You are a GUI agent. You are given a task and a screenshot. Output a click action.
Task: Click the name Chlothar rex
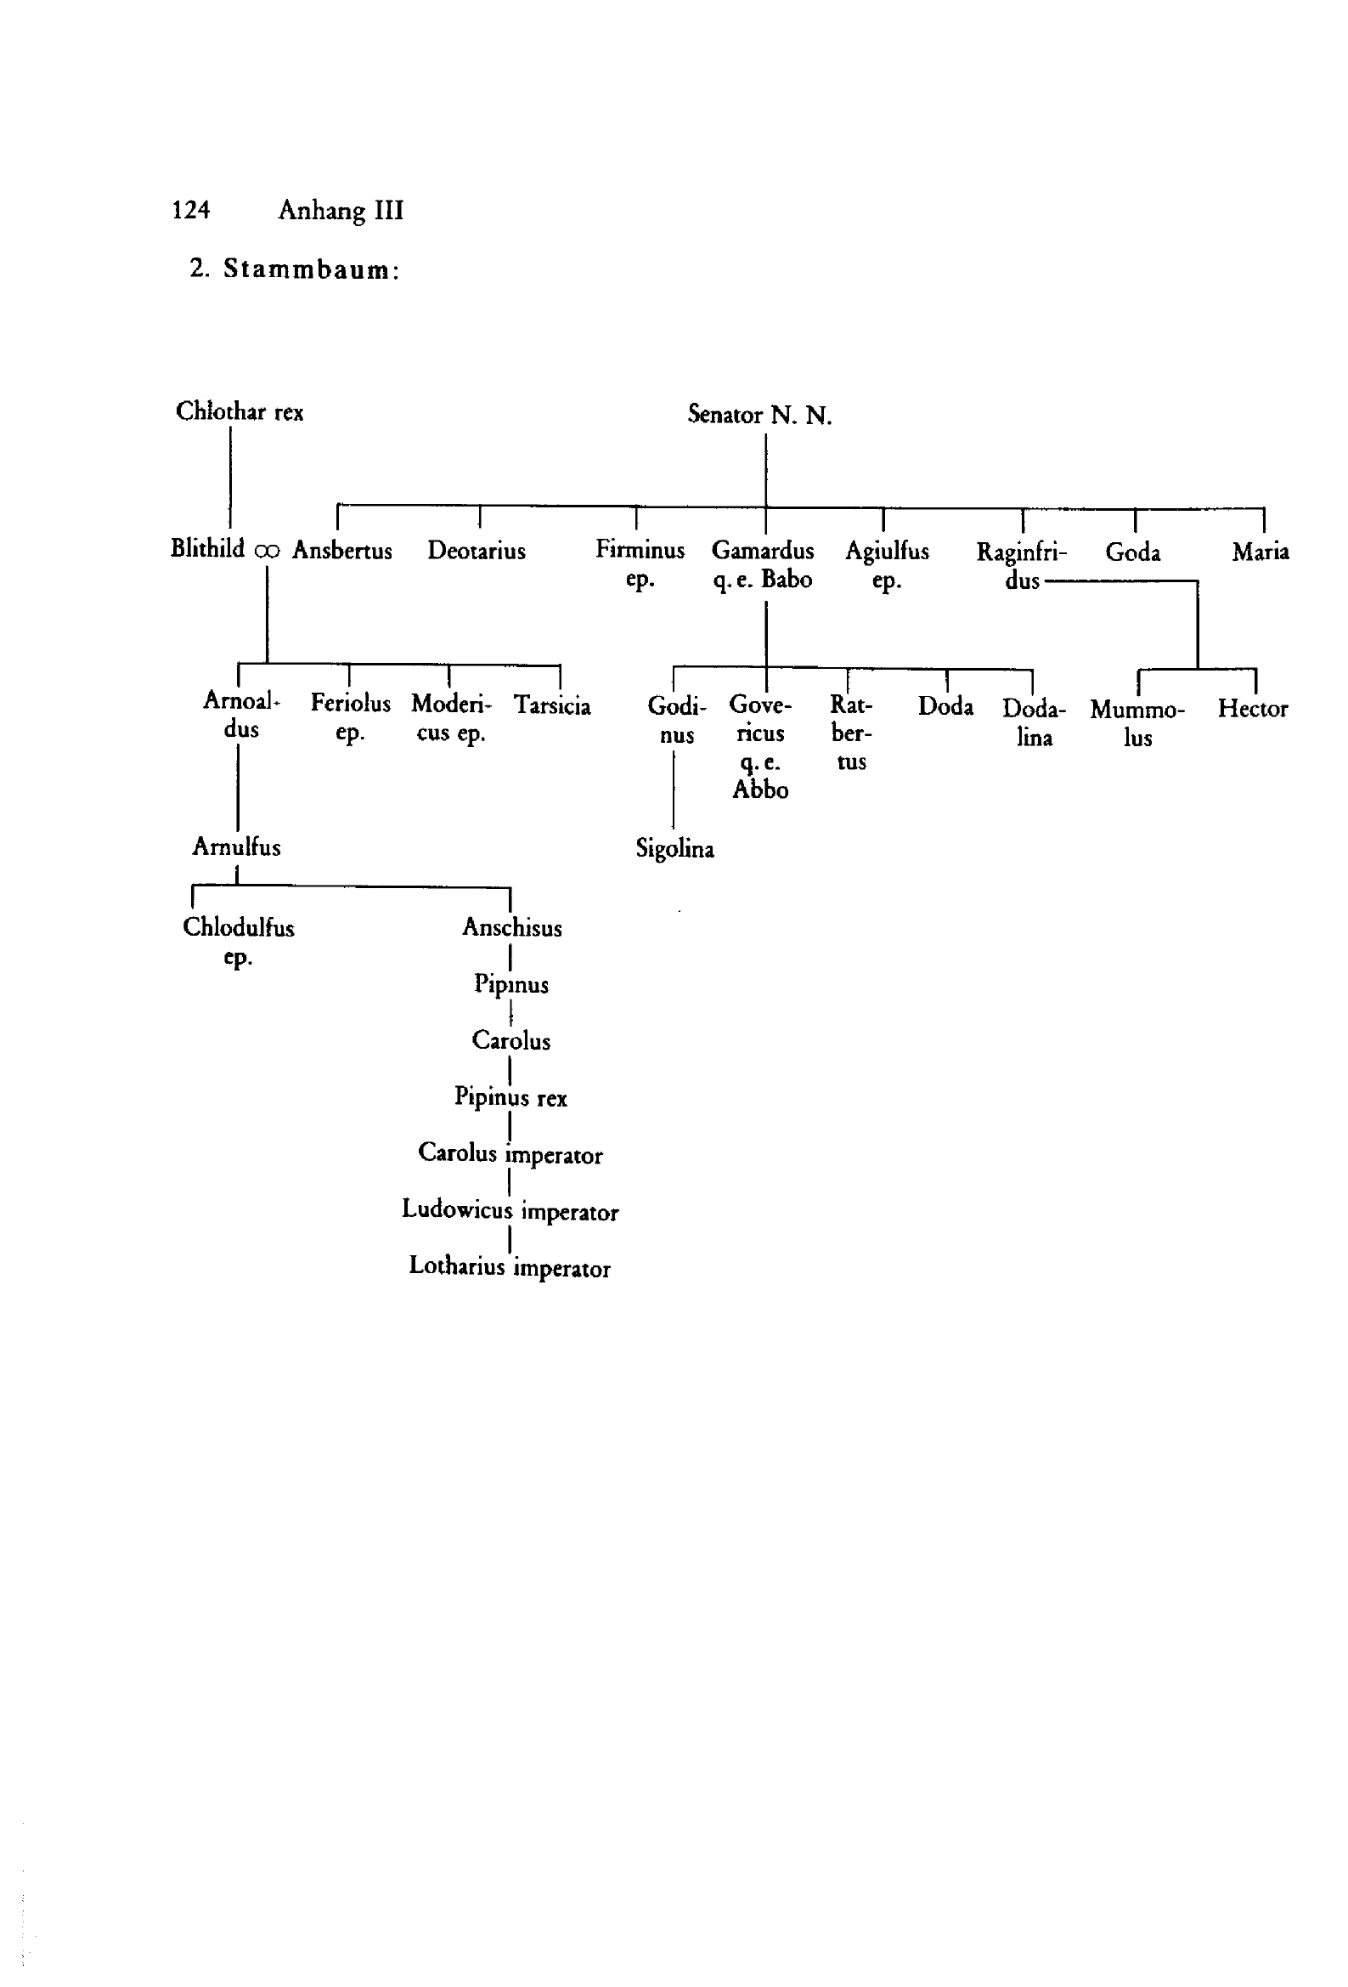pyautogui.click(x=240, y=411)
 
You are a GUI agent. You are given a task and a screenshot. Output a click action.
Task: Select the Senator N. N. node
pyautogui.click(x=759, y=415)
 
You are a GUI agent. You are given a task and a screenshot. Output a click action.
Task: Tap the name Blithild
pyautogui.click(x=208, y=548)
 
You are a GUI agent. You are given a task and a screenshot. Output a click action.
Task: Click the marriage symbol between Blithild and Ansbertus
pyautogui.click(x=267, y=552)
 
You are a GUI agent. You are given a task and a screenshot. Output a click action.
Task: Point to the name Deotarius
pyautogui.click(x=477, y=550)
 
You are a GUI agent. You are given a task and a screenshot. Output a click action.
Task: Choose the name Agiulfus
pyautogui.click(x=888, y=552)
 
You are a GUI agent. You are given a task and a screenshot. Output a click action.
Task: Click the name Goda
pyautogui.click(x=1132, y=552)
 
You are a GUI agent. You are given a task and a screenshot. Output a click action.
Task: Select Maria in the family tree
pyautogui.click(x=1260, y=552)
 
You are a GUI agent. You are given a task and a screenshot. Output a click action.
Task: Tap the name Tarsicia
pyautogui.click(x=552, y=705)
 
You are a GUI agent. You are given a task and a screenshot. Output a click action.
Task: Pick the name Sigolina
pyautogui.click(x=674, y=848)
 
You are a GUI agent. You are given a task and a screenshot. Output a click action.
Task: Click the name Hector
pyautogui.click(x=1252, y=708)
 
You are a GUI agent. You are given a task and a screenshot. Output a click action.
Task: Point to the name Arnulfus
pyautogui.click(x=236, y=846)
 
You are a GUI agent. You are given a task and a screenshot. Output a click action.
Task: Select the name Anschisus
pyautogui.click(x=512, y=927)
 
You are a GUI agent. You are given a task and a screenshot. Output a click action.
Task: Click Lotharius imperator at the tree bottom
pyautogui.click(x=510, y=1267)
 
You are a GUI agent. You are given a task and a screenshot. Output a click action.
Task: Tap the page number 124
pyautogui.click(x=190, y=209)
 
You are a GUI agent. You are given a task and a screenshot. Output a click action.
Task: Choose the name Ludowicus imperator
pyautogui.click(x=510, y=1210)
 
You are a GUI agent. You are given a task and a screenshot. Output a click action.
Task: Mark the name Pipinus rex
pyautogui.click(x=510, y=1097)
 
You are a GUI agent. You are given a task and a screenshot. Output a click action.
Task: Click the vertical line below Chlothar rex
pyautogui.click(x=230, y=477)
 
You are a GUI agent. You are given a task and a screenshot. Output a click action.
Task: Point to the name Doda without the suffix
pyautogui.click(x=945, y=705)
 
